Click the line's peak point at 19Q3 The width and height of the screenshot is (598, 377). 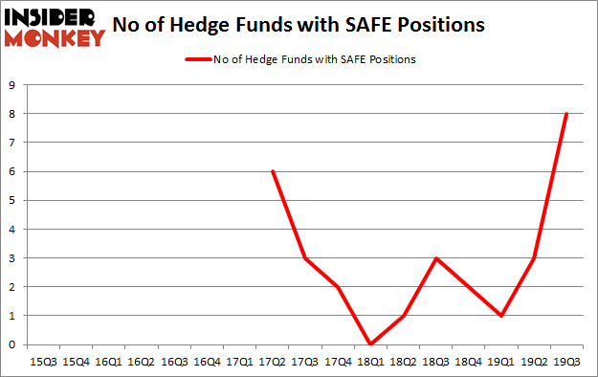566,114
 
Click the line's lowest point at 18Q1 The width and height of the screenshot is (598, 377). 370,344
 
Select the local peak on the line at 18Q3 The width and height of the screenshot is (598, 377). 435,258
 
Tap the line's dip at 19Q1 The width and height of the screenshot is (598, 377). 501,316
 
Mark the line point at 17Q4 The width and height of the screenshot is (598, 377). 338,287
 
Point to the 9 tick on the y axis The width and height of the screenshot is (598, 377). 13,85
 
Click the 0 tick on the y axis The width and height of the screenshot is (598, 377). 13,344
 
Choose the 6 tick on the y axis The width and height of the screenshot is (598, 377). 13,171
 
